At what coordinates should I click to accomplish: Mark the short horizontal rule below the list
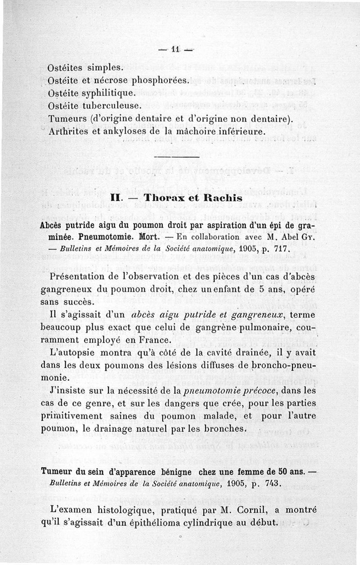point(176,157)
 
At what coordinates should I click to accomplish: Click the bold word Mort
point(142,236)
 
